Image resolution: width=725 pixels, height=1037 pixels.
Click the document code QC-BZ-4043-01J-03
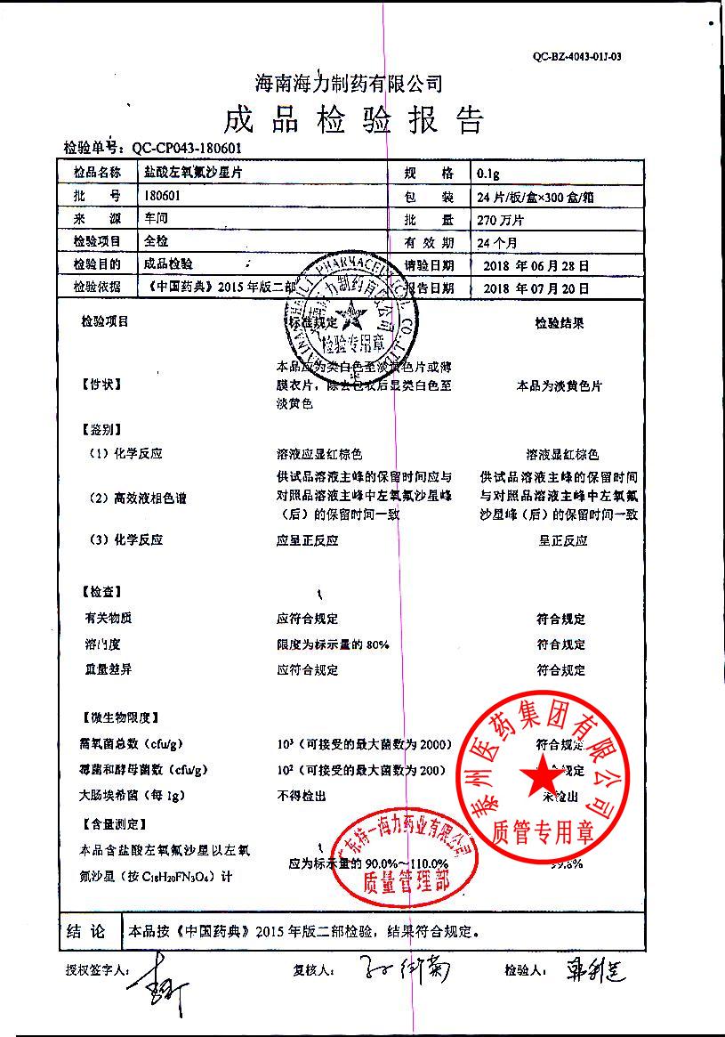pyautogui.click(x=576, y=56)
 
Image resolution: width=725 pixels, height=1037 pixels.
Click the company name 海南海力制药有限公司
pyautogui.click(x=349, y=84)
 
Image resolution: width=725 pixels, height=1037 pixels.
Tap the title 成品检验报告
pyautogui.click(x=354, y=120)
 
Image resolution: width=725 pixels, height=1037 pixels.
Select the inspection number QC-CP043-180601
pyautogui.click(x=186, y=149)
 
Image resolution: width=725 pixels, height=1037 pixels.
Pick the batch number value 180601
pyautogui.click(x=161, y=196)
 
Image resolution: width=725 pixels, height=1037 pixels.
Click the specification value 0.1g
pyautogui.click(x=488, y=173)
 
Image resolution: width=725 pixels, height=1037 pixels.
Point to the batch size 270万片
pyautogui.click(x=501, y=219)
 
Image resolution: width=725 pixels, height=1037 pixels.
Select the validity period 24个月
pyautogui.click(x=497, y=242)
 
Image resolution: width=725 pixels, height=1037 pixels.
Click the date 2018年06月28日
pyautogui.click(x=534, y=265)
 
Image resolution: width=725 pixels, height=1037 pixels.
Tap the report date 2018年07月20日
pyautogui.click(x=534, y=288)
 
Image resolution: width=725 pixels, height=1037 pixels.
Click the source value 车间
pyautogui.click(x=157, y=219)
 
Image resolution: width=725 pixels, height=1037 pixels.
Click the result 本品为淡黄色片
pyautogui.click(x=560, y=386)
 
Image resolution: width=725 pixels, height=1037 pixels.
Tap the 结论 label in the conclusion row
pyautogui.click(x=87, y=932)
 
